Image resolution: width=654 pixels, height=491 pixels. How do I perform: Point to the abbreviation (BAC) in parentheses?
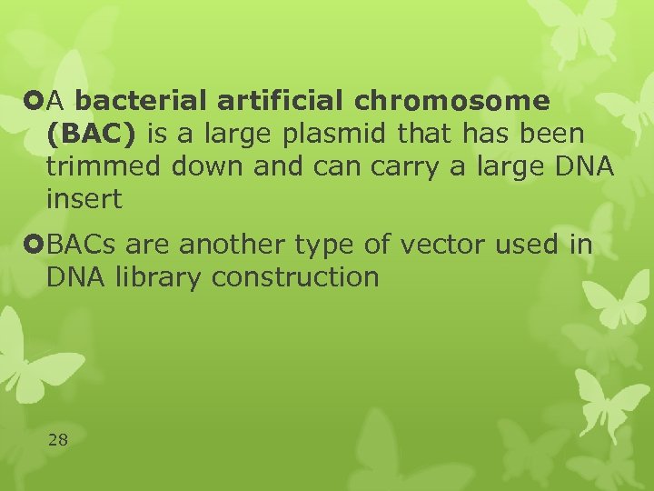click(x=90, y=134)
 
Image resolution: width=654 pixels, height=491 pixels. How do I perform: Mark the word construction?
click(x=295, y=277)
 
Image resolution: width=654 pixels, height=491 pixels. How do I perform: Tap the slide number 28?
click(x=57, y=440)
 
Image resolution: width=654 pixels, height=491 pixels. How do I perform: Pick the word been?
click(x=553, y=134)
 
